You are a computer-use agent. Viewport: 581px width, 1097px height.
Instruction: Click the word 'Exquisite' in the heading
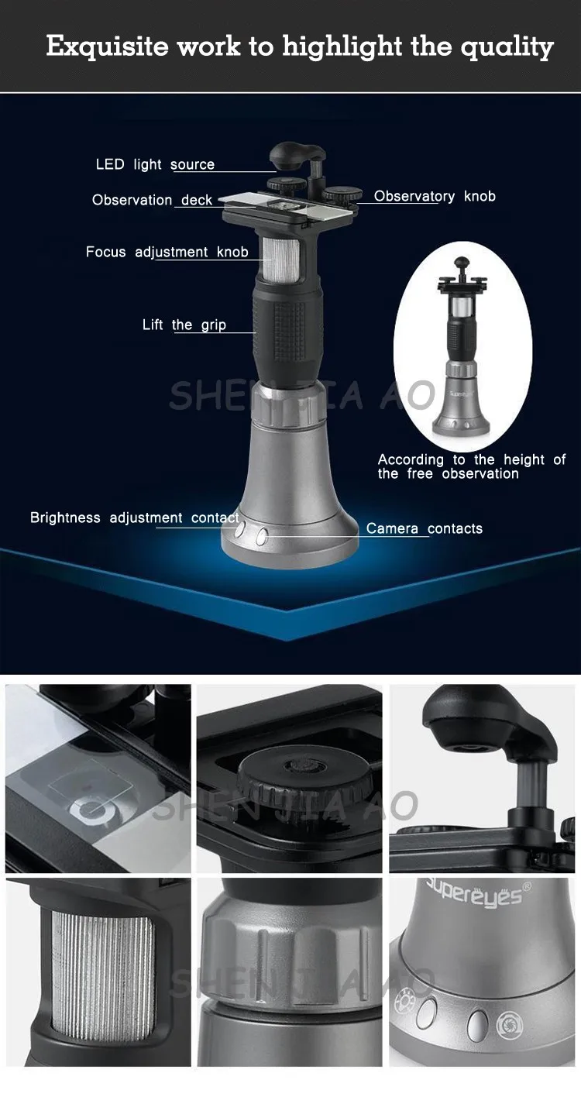(107, 47)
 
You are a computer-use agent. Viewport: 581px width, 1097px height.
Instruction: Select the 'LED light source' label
(155, 164)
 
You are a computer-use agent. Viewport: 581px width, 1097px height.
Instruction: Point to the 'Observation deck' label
(152, 200)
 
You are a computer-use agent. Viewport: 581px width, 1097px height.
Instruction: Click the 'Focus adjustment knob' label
(167, 252)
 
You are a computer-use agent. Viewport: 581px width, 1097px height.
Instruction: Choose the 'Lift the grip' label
(184, 325)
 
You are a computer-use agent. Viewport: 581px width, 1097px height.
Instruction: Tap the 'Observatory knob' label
(435, 196)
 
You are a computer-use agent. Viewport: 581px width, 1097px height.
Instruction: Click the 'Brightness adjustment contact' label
(135, 518)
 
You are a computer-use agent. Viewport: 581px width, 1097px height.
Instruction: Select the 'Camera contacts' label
(425, 528)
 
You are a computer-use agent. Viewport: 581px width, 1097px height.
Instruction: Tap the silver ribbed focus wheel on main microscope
(281, 260)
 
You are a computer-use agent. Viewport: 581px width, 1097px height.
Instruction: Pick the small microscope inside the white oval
(462, 346)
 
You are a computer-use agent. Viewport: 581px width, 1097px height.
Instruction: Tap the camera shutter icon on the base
(510, 1023)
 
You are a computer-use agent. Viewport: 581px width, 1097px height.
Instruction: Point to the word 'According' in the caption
(411, 459)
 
